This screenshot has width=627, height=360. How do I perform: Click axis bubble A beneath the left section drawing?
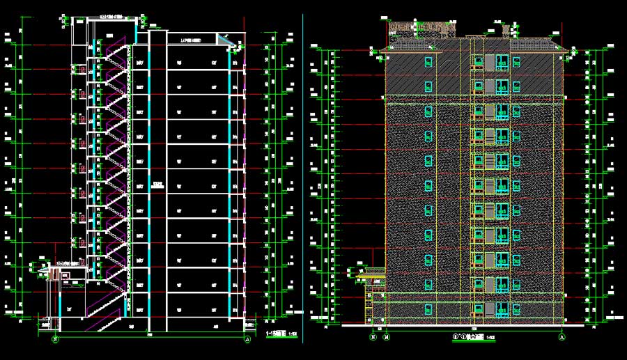click(249, 340)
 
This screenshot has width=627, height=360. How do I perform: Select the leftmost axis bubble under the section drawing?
click(55, 340)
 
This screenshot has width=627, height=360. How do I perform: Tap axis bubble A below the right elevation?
click(562, 336)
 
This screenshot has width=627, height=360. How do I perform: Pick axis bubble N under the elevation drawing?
click(373, 336)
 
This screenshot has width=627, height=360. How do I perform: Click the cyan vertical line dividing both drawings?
click(303, 174)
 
